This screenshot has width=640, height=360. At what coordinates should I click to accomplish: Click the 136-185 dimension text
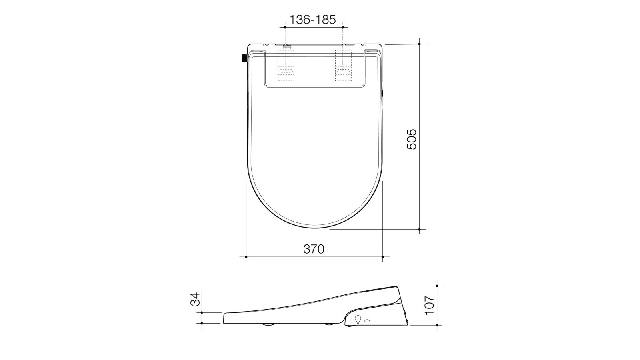313,19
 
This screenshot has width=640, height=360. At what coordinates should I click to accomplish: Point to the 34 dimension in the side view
194,299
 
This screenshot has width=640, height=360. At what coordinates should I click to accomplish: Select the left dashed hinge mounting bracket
286,66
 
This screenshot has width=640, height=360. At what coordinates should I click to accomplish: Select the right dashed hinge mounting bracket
343,66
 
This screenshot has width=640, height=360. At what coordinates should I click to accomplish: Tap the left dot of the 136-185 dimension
285,27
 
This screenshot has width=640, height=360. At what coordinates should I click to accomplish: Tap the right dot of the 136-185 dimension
343,27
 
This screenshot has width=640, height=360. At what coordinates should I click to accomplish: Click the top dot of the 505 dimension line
419,43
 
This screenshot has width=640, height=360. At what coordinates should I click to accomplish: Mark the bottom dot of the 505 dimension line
419,230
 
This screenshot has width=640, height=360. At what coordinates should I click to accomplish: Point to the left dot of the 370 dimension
246,256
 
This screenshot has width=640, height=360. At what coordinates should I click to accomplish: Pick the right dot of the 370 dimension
383,256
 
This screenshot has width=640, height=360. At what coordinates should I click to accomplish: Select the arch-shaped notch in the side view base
367,322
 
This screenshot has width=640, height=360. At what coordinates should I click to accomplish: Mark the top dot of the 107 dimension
437,286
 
